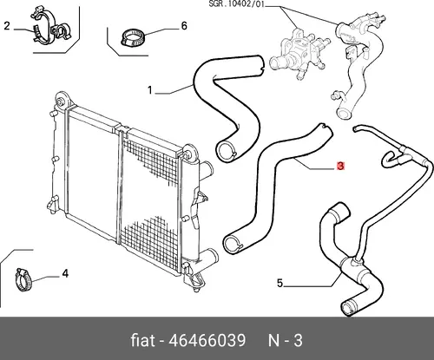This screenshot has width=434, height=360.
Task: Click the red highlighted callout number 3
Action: pos(340,167)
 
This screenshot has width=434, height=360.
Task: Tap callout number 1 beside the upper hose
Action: pos(150,90)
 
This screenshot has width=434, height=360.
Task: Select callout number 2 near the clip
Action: pos(7,26)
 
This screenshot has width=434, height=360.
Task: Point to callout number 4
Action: pos(65,273)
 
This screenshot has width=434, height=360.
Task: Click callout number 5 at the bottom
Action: pos(279,283)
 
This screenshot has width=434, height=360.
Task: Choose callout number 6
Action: pos(184,26)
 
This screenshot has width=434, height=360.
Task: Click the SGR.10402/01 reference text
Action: pos(236,4)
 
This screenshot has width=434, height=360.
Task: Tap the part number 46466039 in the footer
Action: pos(207,340)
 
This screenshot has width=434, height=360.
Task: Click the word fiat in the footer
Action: pos(142,340)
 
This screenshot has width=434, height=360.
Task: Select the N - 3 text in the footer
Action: pos(286,340)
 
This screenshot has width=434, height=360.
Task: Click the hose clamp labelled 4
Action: pos(23,279)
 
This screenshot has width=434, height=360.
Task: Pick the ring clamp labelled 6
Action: pos(133,37)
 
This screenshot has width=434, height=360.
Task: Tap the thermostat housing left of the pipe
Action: pos(299,53)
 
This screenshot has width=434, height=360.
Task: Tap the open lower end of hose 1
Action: pos(227,150)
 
